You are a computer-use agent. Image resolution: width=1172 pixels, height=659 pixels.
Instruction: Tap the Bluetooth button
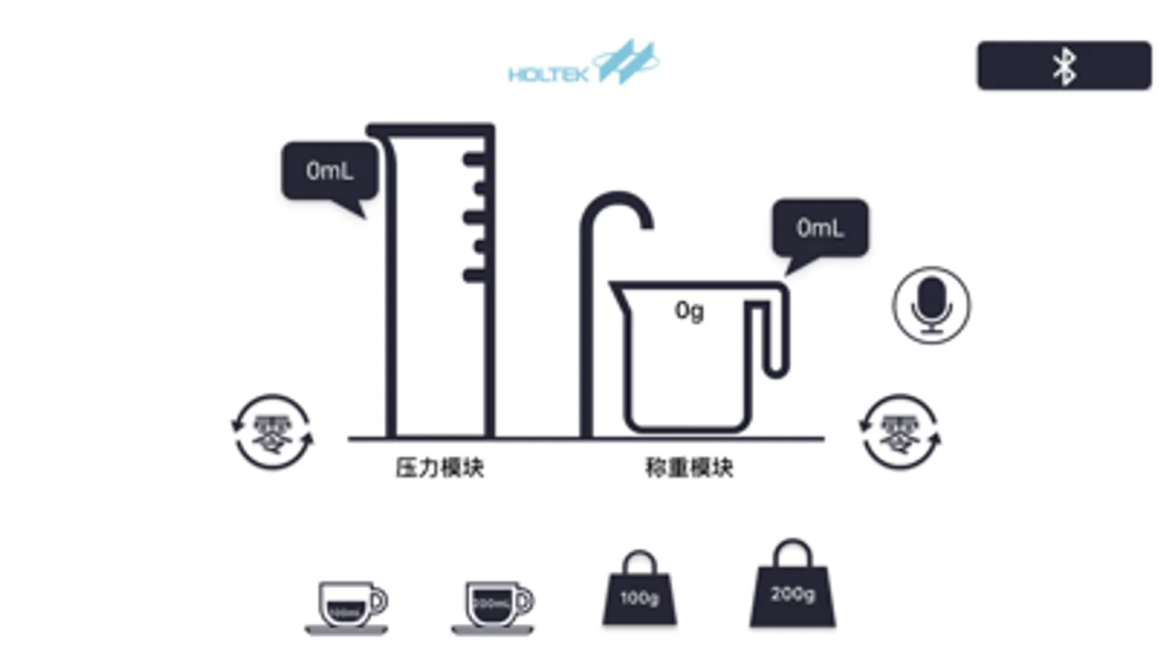point(1064,66)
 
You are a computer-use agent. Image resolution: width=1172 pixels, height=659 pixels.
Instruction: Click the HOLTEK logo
point(583,64)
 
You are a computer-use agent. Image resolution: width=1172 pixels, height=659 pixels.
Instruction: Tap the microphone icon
point(931,305)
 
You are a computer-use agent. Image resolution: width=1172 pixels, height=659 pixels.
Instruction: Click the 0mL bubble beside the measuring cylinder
point(330,171)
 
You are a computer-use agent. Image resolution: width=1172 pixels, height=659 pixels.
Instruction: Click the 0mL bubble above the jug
point(820,228)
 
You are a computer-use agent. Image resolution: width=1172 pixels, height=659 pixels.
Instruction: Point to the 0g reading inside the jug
point(689,311)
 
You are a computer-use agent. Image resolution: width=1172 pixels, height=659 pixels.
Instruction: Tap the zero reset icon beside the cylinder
point(272,432)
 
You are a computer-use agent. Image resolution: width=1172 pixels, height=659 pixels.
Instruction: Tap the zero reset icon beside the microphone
point(900,432)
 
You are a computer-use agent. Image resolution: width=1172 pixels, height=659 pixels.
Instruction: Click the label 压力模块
point(440,468)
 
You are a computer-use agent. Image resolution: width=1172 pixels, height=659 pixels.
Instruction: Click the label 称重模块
point(689,468)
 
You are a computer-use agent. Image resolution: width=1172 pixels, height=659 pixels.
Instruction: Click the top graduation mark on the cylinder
point(475,159)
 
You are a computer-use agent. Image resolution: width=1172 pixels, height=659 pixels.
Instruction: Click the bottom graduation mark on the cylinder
point(475,275)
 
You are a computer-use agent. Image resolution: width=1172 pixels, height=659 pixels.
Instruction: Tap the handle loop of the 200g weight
point(792,552)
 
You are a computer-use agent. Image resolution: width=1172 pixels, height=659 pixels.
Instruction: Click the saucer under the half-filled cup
point(346,630)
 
